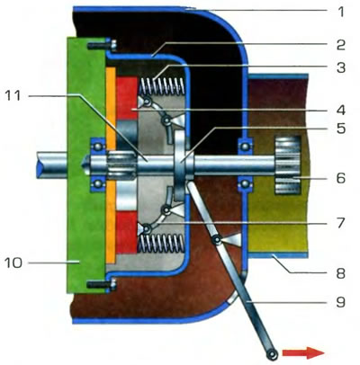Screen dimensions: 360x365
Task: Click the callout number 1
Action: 340,13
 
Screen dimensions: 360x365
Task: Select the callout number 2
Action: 340,45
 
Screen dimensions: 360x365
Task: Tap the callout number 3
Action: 340,68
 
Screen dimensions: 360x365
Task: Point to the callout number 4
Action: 341,111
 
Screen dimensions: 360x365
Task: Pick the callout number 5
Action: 341,129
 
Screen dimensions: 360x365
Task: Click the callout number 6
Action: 341,178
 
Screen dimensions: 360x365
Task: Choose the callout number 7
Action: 340,223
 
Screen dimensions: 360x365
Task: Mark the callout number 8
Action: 340,273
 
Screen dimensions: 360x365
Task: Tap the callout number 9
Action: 340,302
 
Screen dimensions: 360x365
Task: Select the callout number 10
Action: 13,263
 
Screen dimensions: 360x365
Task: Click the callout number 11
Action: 13,95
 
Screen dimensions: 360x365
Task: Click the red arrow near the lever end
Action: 303,352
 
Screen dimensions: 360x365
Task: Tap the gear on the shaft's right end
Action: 288,165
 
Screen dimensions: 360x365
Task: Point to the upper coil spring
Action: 161,86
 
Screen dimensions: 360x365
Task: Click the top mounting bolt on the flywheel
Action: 102,46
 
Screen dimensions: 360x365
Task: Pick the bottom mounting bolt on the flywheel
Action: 102,283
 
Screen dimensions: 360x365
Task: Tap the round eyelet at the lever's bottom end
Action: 273,355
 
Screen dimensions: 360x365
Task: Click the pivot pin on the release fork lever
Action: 217,240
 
